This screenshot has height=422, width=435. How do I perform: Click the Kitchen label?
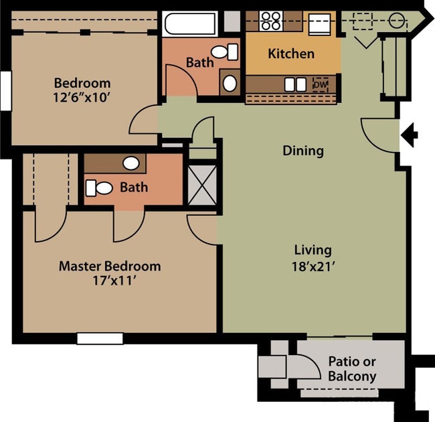pos(291,54)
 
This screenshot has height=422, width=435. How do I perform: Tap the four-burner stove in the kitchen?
pos(270,21)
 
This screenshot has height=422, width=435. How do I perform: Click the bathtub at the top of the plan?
pos(190,25)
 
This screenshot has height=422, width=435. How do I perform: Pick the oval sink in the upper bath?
pos(229,83)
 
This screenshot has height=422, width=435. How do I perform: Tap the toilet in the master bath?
pos(100,188)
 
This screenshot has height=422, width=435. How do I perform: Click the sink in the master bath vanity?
pos(131,163)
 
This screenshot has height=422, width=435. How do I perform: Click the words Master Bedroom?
pos(110,266)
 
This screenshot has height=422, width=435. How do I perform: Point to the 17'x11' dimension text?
pos(110,281)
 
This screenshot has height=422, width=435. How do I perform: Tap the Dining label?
pos(302,151)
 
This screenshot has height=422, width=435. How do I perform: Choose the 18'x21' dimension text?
pos(313,266)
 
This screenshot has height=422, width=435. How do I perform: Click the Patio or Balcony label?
pos(351,368)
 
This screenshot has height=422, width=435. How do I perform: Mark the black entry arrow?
pos(409,137)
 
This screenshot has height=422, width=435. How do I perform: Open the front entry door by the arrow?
pos(380,131)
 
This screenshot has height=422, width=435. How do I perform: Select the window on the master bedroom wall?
pos(100,338)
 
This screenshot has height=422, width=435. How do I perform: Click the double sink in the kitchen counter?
pos(292,85)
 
